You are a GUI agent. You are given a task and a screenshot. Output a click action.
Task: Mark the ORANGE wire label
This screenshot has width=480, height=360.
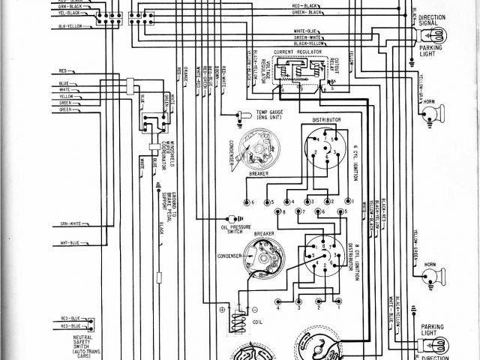tap(178, 73)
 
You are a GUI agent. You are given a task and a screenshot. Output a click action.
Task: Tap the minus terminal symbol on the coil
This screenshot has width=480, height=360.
tap(256, 308)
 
